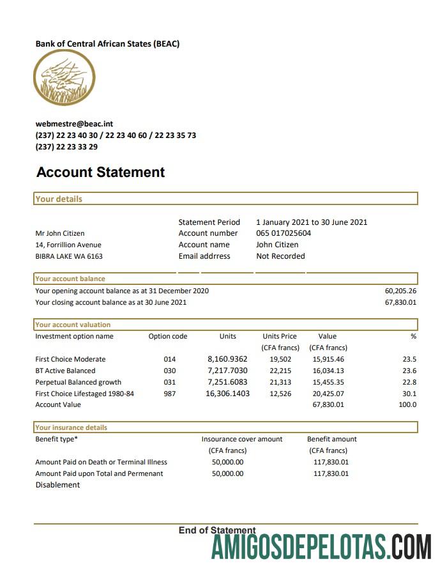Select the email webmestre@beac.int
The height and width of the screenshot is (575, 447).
point(74,124)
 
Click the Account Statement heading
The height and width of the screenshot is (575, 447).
point(100,172)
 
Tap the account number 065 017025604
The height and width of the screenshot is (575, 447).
point(284,233)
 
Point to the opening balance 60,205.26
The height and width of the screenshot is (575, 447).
point(400,291)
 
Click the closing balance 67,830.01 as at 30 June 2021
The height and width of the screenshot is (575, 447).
point(400,302)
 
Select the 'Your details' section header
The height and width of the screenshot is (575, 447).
point(59,199)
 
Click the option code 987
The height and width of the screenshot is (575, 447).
point(169,394)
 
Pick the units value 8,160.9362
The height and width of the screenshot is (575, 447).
point(227,359)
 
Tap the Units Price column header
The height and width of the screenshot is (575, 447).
point(280,336)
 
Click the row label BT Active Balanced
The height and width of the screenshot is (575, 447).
point(65,371)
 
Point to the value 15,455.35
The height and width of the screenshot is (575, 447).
point(328,382)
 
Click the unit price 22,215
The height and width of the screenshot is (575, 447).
point(280,371)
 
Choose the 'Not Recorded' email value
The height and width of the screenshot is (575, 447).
point(280,256)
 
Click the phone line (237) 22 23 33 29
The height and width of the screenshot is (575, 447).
point(66,147)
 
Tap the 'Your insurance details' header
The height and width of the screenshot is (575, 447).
point(71,427)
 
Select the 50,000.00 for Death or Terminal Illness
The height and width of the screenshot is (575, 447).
point(227,462)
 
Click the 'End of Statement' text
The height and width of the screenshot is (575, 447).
point(217,530)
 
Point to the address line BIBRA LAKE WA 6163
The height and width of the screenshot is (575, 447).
point(69,256)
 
